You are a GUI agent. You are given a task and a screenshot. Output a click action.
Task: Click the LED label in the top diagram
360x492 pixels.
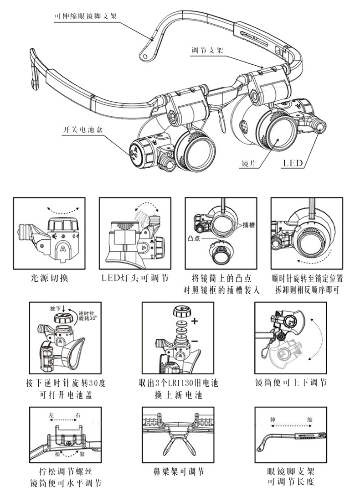(x=293, y=163)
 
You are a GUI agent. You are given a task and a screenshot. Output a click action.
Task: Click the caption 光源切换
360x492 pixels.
(x=49, y=278)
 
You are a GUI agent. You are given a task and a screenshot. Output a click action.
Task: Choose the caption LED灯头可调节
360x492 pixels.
(x=134, y=278)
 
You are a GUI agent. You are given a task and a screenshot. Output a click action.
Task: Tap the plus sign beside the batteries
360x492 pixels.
(x=195, y=321)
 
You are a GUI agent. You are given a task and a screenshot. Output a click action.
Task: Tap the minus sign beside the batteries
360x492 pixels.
(x=195, y=341)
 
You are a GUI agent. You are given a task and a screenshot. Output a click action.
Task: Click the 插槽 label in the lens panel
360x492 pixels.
(x=248, y=225)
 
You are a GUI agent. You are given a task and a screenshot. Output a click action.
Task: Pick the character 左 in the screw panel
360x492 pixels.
(x=51, y=415)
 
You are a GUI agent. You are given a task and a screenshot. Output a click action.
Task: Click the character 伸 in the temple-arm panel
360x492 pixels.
(x=273, y=419)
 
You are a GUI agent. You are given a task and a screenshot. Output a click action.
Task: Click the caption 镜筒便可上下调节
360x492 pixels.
(x=290, y=383)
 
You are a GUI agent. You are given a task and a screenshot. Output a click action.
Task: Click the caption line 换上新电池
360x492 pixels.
(x=178, y=395)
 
